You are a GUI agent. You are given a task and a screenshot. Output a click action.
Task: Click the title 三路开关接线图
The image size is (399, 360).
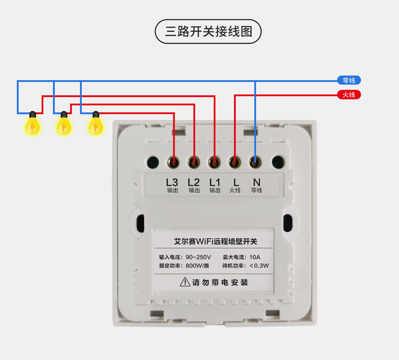(x=209, y=31)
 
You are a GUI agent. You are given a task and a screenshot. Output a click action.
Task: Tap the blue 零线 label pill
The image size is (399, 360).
(x=349, y=80)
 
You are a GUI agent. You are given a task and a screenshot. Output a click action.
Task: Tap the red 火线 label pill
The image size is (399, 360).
(x=349, y=95)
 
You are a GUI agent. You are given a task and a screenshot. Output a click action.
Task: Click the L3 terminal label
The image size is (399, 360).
(x=172, y=183)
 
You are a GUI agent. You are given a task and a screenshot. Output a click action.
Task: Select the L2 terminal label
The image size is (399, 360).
(x=194, y=183)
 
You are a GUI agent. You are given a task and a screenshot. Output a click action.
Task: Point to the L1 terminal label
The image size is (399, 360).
(x=214, y=183)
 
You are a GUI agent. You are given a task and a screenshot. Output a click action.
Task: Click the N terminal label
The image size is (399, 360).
(x=256, y=183)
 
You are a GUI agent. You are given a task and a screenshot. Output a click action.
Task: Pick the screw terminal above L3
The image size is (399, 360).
(x=173, y=162)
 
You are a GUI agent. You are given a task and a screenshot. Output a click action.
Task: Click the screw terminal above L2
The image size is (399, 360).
(x=194, y=162)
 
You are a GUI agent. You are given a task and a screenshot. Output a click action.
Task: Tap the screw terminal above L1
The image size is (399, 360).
(x=214, y=162)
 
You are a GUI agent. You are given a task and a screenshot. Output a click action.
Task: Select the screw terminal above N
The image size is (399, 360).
(x=255, y=162)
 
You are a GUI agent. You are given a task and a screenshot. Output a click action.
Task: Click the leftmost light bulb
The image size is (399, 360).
(x=32, y=124)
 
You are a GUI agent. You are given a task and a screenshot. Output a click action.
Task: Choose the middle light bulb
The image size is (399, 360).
(x=64, y=124)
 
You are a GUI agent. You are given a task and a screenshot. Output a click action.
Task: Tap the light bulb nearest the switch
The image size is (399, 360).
(x=95, y=124)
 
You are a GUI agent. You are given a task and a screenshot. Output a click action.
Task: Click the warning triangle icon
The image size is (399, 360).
(x=185, y=282)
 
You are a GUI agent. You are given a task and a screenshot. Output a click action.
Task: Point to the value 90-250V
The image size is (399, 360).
(x=198, y=257)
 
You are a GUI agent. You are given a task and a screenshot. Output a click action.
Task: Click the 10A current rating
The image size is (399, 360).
(x=255, y=257)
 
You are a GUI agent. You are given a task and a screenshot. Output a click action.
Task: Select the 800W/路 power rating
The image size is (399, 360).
(x=197, y=266)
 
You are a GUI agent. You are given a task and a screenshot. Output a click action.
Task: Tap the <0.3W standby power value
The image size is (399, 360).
(x=259, y=266)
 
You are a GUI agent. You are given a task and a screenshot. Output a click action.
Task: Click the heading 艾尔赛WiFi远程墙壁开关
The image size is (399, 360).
(x=215, y=241)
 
